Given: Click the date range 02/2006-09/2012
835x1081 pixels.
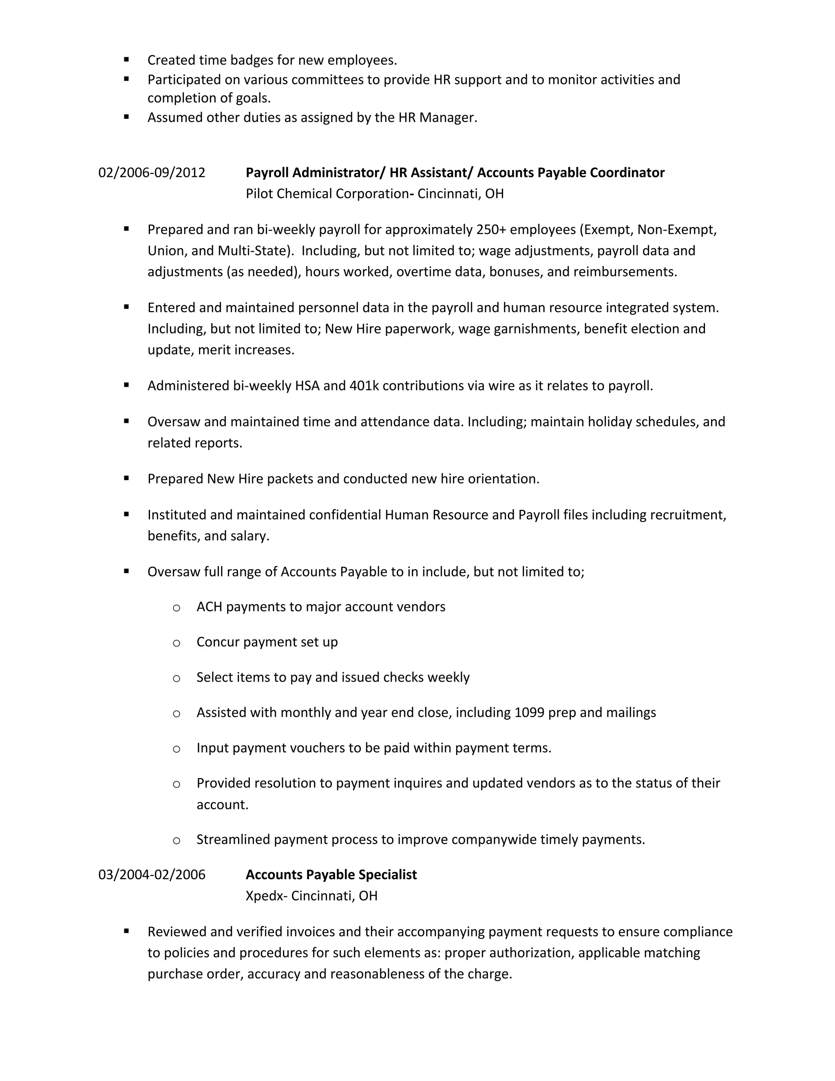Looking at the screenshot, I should click(151, 173).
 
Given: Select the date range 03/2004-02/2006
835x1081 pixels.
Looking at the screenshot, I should click(151, 875).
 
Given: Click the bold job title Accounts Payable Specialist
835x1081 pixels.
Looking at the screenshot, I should click(331, 875).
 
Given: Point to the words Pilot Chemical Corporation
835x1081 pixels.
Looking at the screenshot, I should click(327, 193).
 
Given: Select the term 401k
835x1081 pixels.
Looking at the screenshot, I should click(364, 385).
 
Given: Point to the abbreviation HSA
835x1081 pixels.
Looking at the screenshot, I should click(307, 385).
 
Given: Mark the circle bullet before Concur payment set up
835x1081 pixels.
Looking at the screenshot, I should click(177, 643).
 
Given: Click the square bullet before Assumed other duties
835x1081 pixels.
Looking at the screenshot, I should click(127, 117).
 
